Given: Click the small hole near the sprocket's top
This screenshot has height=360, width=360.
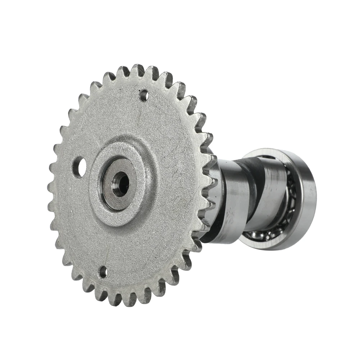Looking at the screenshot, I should [x=144, y=95].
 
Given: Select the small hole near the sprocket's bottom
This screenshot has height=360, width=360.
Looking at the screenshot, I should [x=103, y=272].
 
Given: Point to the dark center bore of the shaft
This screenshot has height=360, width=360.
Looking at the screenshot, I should [x=120, y=183].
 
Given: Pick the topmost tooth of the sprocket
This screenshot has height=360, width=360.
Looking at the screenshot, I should [x=137, y=70].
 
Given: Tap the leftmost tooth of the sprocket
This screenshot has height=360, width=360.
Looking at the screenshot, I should [x=51, y=187].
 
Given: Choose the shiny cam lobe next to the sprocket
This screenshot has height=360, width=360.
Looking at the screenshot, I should [x=234, y=201].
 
